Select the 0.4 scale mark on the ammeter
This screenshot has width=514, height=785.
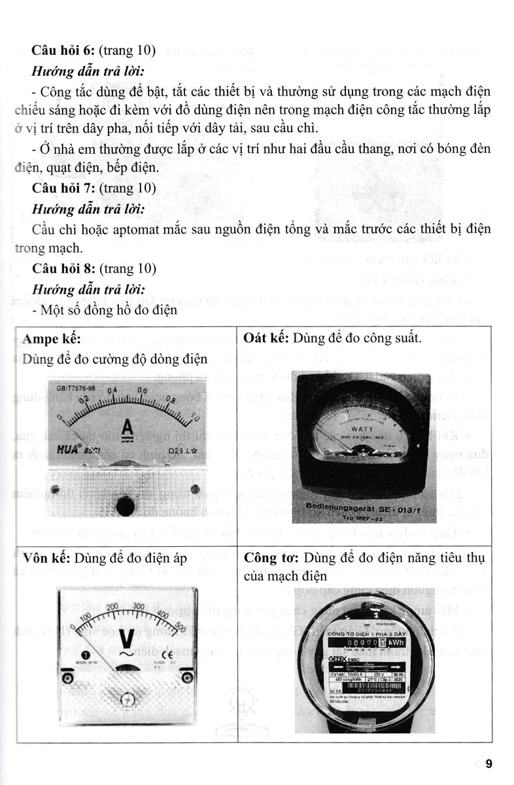click(x=113, y=390)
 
